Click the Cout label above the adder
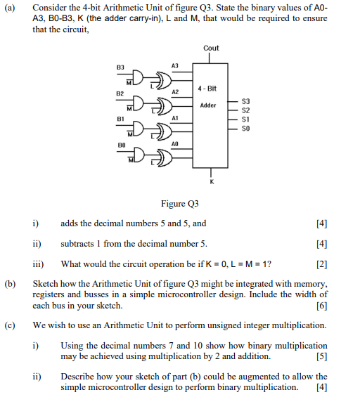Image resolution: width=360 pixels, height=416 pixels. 211,48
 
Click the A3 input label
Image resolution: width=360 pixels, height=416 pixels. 175,65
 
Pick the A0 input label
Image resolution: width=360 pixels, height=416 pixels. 175,144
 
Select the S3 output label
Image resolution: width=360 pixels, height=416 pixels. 245,102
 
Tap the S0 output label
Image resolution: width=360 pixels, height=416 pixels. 245,128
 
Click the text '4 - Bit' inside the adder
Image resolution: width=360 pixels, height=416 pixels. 208,89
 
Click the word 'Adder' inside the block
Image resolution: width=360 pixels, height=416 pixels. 208,105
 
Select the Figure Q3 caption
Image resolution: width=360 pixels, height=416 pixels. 180,204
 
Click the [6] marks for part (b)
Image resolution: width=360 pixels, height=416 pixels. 322,306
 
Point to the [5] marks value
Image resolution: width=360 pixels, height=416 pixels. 322,356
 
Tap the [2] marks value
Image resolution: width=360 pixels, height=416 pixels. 322,264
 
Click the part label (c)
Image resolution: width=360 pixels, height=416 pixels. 11,325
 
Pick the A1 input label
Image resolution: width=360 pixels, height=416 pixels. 175,118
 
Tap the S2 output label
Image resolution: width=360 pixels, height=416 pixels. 245,110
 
